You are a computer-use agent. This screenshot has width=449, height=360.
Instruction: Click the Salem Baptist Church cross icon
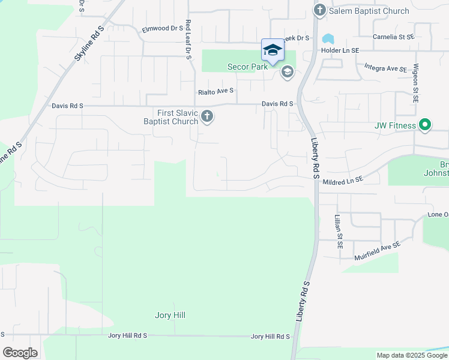(319, 10)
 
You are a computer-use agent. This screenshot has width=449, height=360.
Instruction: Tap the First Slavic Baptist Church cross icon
(207, 116)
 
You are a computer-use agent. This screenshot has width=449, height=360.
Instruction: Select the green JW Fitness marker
(425, 125)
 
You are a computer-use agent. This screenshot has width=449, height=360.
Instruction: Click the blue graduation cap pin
(272, 50)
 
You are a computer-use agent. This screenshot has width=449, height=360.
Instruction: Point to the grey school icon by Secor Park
(287, 73)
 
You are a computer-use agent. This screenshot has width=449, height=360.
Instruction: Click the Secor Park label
(247, 67)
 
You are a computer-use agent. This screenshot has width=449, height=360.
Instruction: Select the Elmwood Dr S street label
(161, 28)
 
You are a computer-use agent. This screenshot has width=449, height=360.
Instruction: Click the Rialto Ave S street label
(215, 92)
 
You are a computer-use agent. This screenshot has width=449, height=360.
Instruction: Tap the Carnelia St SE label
(393, 37)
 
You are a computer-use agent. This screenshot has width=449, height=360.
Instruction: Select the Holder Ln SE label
(340, 50)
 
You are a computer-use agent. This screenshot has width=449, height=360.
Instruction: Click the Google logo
(20, 353)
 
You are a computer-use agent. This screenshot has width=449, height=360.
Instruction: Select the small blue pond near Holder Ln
(328, 39)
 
